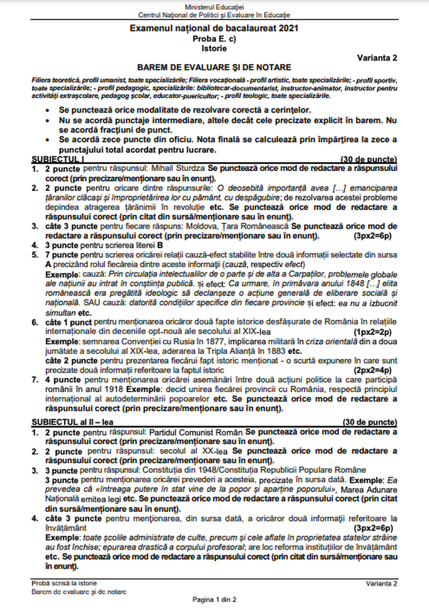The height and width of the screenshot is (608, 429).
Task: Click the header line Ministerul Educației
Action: pyautogui.click(x=214, y=7)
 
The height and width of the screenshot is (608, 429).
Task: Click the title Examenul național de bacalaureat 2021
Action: pyautogui.click(x=214, y=30)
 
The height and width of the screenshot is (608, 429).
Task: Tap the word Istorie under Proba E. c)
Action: pyautogui.click(x=214, y=48)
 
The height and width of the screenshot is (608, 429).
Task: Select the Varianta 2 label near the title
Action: pyautogui.click(x=378, y=57)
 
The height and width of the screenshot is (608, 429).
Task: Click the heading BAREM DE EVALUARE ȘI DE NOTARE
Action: pyautogui.click(x=214, y=68)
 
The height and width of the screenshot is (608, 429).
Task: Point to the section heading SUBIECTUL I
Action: pyautogui.click(x=54, y=159)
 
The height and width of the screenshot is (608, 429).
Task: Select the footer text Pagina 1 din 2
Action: pyautogui.click(x=214, y=599)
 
